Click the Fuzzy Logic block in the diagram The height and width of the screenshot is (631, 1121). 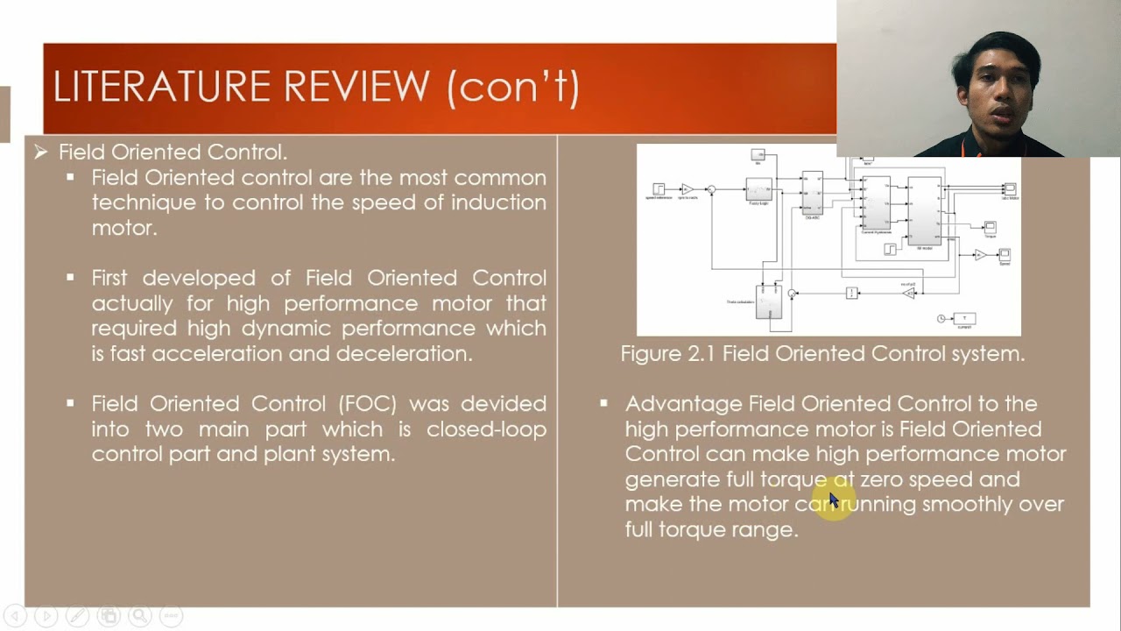point(758,189)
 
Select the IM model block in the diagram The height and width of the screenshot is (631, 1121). point(924,211)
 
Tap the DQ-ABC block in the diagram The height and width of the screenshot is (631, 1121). point(812,193)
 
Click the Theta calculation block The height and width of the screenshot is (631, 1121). point(768,302)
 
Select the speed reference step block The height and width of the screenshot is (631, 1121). point(659,188)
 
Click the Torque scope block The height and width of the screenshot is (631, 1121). point(990,228)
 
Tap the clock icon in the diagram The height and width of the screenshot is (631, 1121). point(941,319)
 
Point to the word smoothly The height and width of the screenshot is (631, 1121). point(968,505)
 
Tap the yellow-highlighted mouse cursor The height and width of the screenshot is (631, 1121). point(834,500)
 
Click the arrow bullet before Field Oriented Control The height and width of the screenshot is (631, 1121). point(40,152)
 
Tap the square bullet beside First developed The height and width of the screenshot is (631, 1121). point(70,278)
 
